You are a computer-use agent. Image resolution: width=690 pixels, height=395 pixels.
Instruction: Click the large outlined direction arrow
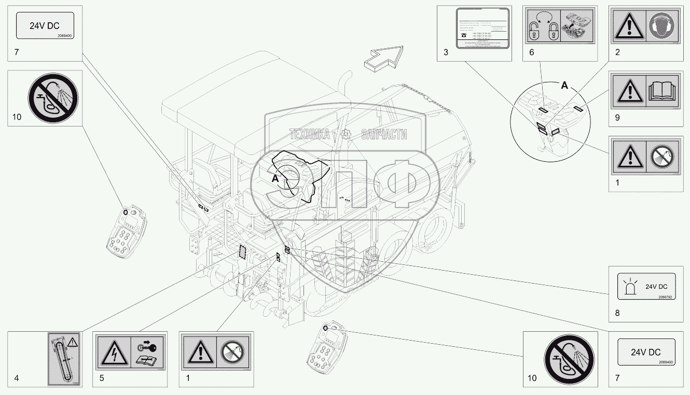click(384, 57)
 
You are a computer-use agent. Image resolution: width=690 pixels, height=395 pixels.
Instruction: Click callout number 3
click(446, 52)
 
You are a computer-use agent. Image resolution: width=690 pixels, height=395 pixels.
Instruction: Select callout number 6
click(531, 52)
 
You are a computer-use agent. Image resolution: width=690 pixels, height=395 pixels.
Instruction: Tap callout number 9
click(617, 118)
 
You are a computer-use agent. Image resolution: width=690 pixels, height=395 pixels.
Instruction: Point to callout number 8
click(617, 313)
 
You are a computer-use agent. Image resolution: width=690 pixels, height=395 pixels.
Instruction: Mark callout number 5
click(102, 378)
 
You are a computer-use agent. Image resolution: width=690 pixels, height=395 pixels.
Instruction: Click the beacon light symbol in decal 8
click(630, 287)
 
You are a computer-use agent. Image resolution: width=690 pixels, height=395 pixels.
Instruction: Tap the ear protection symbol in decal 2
click(661, 26)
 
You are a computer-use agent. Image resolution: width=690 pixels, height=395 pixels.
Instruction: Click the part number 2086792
click(665, 298)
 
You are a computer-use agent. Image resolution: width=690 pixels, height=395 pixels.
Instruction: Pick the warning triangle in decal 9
click(629, 92)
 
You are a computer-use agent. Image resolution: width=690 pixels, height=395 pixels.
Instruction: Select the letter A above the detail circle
click(565, 86)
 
